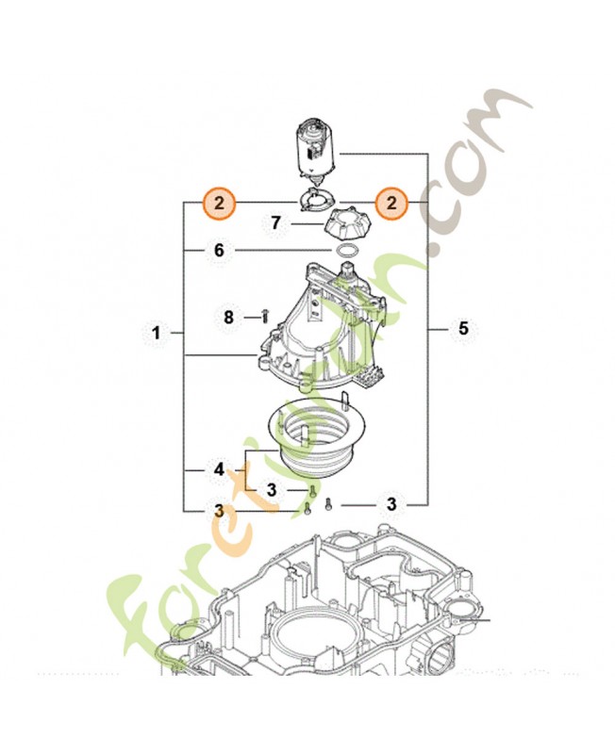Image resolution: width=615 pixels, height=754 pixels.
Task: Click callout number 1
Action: coord(156,333)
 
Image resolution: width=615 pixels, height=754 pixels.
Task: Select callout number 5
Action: coord(463,328)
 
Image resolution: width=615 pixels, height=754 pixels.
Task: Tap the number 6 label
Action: coord(219,251)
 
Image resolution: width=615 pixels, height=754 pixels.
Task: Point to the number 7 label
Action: coord(275,223)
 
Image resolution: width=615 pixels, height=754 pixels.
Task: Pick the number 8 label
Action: coord(228,318)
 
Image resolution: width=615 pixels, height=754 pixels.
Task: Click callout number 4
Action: coord(219,469)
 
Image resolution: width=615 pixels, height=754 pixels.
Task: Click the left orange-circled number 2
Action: coord(219,203)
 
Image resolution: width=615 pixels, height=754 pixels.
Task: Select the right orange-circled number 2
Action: coord(391,203)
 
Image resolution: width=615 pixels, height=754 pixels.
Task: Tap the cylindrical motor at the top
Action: coord(317,152)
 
